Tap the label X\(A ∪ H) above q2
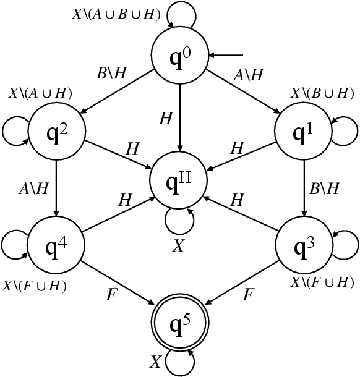coord(40,93)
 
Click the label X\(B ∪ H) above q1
coord(322,93)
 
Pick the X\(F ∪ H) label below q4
coord(35,286)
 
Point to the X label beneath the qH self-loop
coord(178,245)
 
